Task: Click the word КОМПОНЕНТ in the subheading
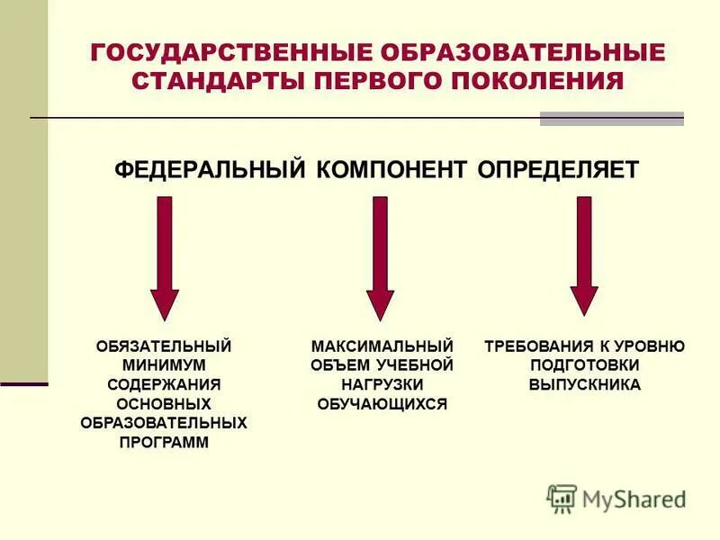point(385,170)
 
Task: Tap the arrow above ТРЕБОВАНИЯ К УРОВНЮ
point(584,256)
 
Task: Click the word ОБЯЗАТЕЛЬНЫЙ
point(164,346)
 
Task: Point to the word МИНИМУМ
point(164,364)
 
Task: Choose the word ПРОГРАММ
point(164,442)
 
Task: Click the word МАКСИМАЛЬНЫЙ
point(382,346)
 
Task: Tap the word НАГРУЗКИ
point(382,384)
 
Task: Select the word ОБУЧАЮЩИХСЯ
point(382,404)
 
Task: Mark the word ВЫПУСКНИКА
point(585,384)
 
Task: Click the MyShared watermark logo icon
point(562,498)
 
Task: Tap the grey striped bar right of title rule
point(611,118)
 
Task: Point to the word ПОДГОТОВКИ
point(585,364)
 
